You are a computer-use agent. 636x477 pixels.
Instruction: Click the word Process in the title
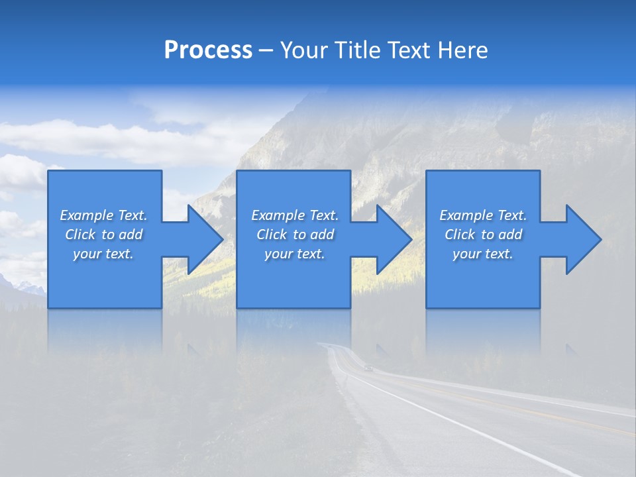pos(208,50)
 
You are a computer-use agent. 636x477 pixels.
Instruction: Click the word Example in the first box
pos(86,215)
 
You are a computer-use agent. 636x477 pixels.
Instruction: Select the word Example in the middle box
pos(278,215)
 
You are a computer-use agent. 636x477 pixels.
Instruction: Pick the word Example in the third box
pos(466,215)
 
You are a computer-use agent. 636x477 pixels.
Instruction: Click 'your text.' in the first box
pos(103,254)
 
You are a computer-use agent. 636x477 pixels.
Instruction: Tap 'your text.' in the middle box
pos(294,254)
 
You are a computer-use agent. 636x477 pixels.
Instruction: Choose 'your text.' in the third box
pos(483,254)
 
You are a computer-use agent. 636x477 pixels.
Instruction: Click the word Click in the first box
pos(80,235)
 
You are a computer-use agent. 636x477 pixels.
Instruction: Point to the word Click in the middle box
pos(272,235)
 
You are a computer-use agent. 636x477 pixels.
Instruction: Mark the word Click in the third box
pos(460,235)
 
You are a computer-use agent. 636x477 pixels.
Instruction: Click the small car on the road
pos(368,368)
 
